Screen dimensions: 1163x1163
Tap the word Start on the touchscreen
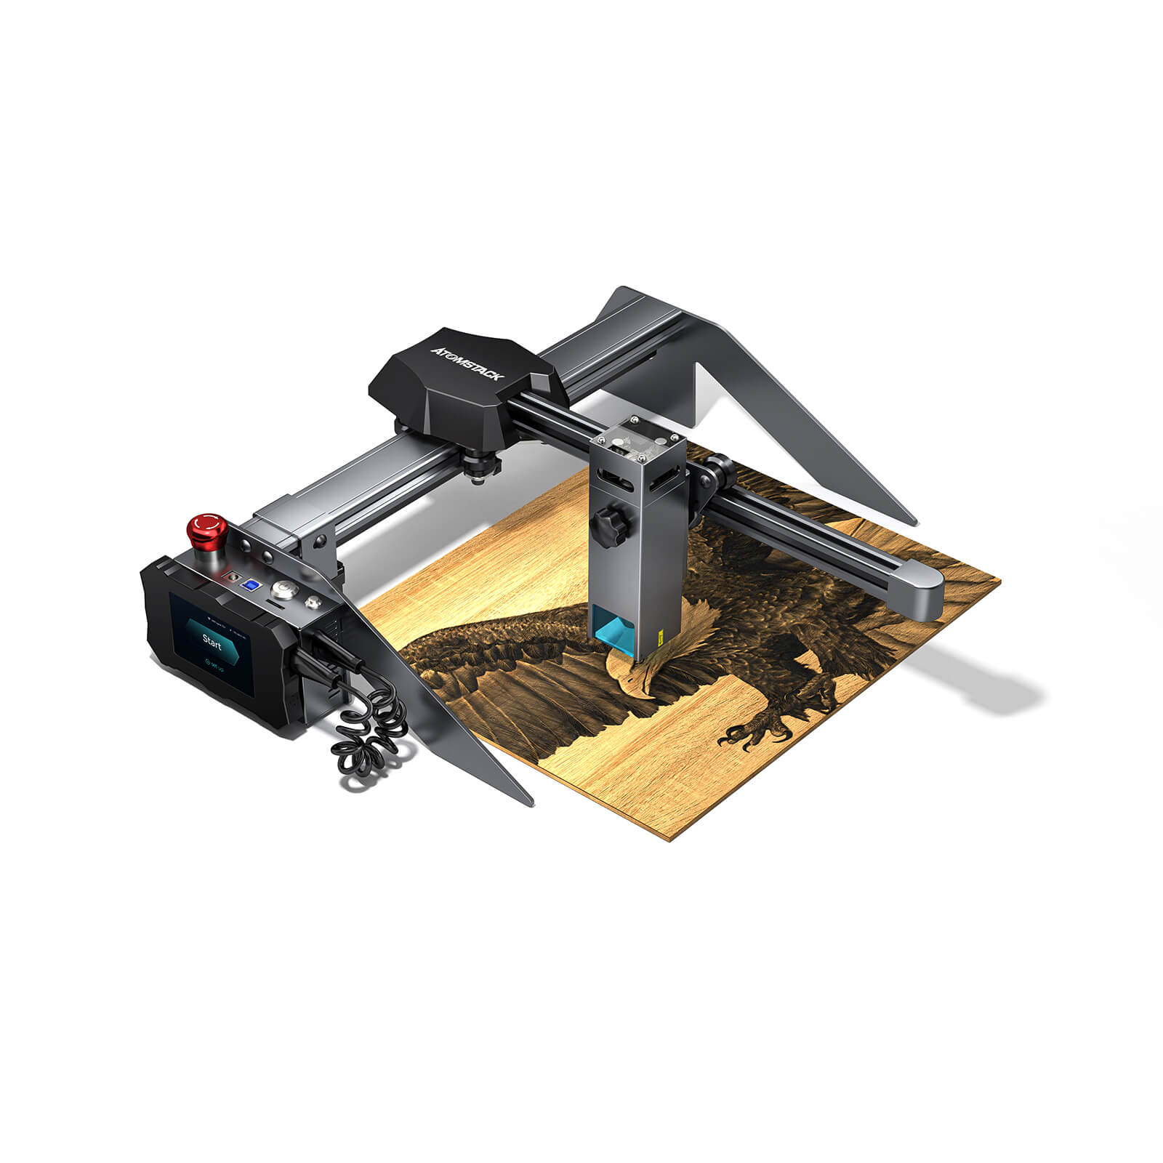tap(212, 641)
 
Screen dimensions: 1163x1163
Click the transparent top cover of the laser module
tap(634, 445)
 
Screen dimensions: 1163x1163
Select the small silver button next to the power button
tap(313, 601)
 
